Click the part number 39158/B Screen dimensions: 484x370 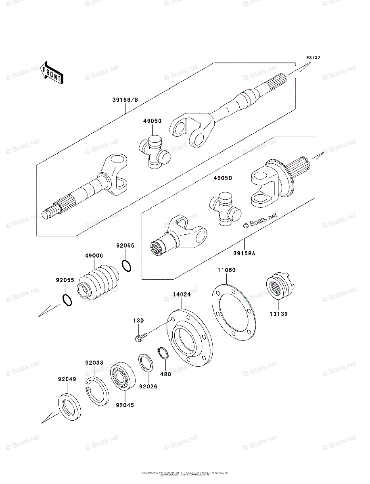tap(125, 99)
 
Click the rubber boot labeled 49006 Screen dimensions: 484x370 tap(99, 282)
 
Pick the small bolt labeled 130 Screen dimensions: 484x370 tap(140, 336)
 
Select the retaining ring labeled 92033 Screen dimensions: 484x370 tap(97, 389)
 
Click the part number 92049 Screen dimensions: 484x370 tap(66, 379)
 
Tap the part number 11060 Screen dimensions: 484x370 tap(227, 270)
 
